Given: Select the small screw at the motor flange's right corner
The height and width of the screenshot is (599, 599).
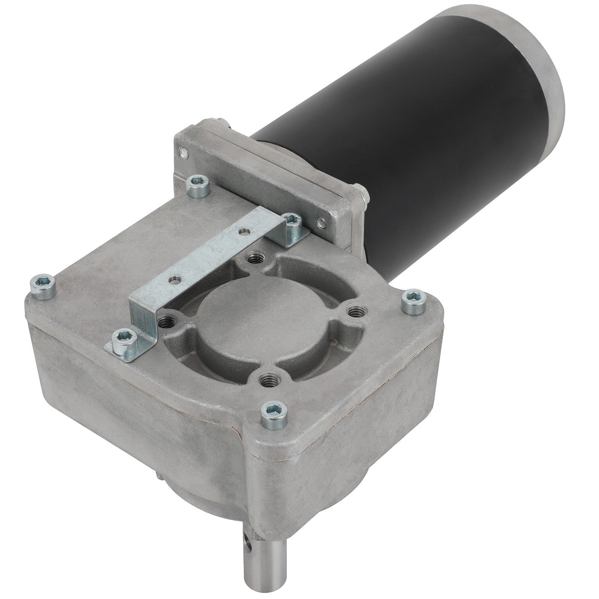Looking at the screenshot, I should [x=320, y=222].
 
